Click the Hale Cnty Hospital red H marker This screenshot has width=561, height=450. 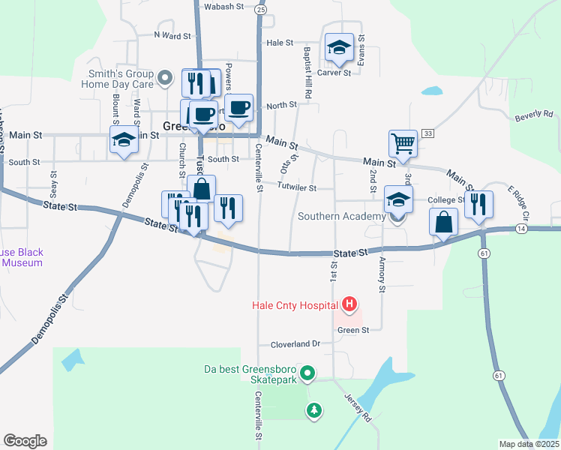(x=349, y=304)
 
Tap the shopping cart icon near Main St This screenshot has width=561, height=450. (x=403, y=142)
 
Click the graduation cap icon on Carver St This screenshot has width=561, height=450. (x=339, y=48)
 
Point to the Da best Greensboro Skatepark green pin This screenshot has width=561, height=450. (x=307, y=372)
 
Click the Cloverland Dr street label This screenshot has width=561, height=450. (x=295, y=343)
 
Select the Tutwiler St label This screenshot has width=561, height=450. (x=297, y=187)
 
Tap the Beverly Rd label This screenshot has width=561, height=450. (x=533, y=115)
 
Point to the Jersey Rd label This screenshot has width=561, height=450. (x=358, y=406)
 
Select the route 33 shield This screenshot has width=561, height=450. (x=427, y=133)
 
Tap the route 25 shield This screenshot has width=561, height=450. (x=260, y=9)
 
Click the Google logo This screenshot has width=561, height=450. (x=25, y=441)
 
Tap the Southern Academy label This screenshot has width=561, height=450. (x=340, y=216)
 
